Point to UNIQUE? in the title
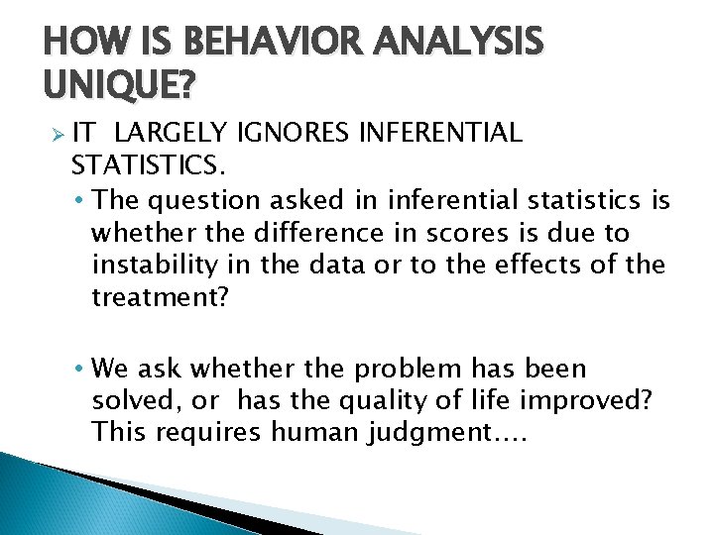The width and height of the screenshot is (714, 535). click(x=119, y=88)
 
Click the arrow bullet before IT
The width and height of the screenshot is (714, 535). click(x=58, y=134)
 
